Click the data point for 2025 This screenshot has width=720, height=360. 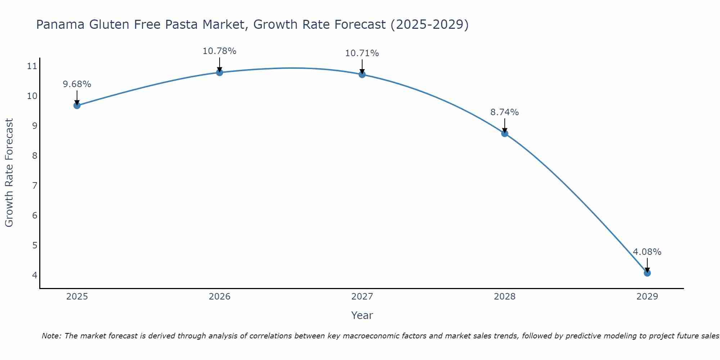pyautogui.click(x=77, y=105)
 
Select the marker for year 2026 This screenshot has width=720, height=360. pyautogui.click(x=220, y=72)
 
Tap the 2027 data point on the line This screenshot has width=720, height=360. pyautogui.click(x=362, y=75)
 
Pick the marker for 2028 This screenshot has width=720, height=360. pyautogui.click(x=505, y=134)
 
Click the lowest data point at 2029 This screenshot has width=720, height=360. pyautogui.click(x=647, y=273)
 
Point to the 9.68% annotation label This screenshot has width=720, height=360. pyautogui.click(x=77, y=84)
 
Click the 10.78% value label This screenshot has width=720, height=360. pyautogui.click(x=220, y=51)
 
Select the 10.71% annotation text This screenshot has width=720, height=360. pyautogui.click(x=362, y=53)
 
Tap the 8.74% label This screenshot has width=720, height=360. pyautogui.click(x=505, y=112)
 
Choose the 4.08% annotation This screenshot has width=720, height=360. pyautogui.click(x=647, y=252)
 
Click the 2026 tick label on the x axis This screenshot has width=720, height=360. pyautogui.click(x=220, y=297)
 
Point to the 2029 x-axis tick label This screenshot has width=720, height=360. pyautogui.click(x=647, y=297)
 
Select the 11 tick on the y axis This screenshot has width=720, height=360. pyautogui.click(x=32, y=66)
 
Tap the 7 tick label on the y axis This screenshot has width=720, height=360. pyautogui.click(x=35, y=185)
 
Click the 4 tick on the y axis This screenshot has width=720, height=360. pyautogui.click(x=35, y=275)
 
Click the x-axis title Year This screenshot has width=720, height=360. pyautogui.click(x=362, y=315)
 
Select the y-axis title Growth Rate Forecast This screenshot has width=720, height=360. pyautogui.click(x=9, y=173)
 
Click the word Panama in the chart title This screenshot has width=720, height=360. pyautogui.click(x=60, y=24)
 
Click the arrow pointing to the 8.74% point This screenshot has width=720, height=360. pyautogui.click(x=505, y=125)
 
